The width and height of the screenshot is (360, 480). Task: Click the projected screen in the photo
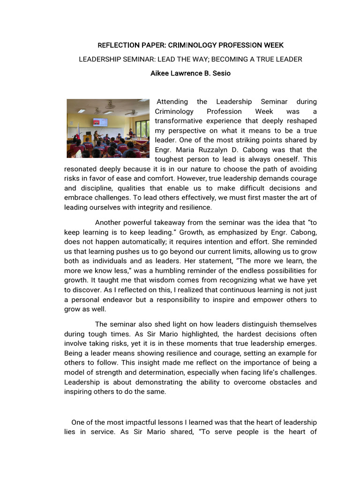100,122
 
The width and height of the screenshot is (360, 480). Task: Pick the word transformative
179,121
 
